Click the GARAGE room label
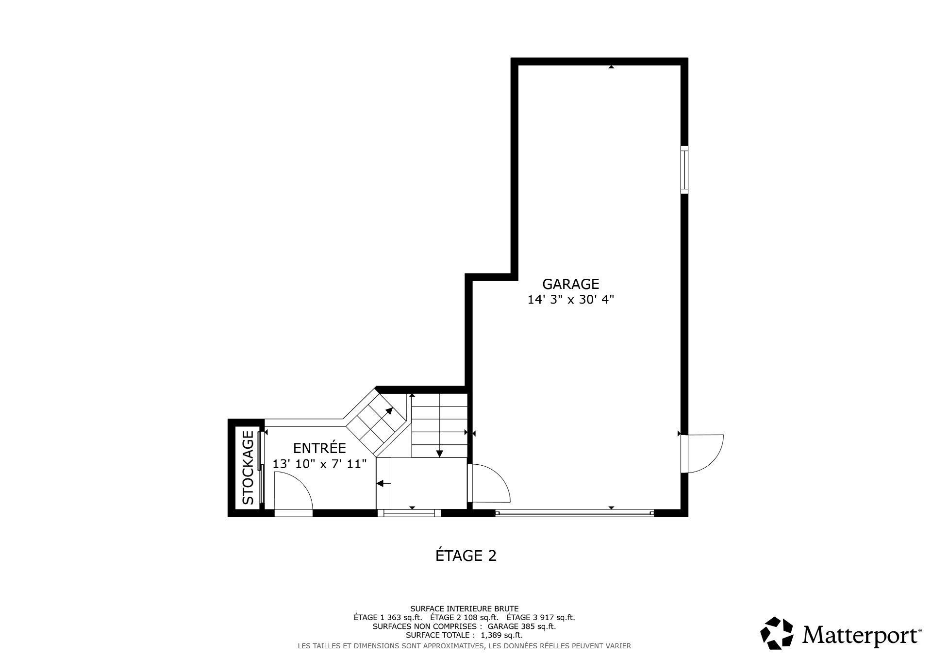tap(570, 284)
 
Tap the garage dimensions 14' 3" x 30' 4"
tap(570, 300)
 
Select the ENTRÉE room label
tap(319, 448)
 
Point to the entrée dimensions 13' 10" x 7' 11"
tap(319, 464)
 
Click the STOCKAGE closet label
tap(248, 467)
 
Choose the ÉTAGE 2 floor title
tap(466, 556)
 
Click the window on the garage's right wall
tap(684, 169)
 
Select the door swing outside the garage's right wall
tap(704, 454)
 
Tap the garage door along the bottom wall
tap(574, 512)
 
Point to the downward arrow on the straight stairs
tap(439, 453)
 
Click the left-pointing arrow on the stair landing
tap(381, 483)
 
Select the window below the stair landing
tap(412, 512)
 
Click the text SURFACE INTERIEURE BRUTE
tap(464, 608)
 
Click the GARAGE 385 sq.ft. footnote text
tap(521, 626)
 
